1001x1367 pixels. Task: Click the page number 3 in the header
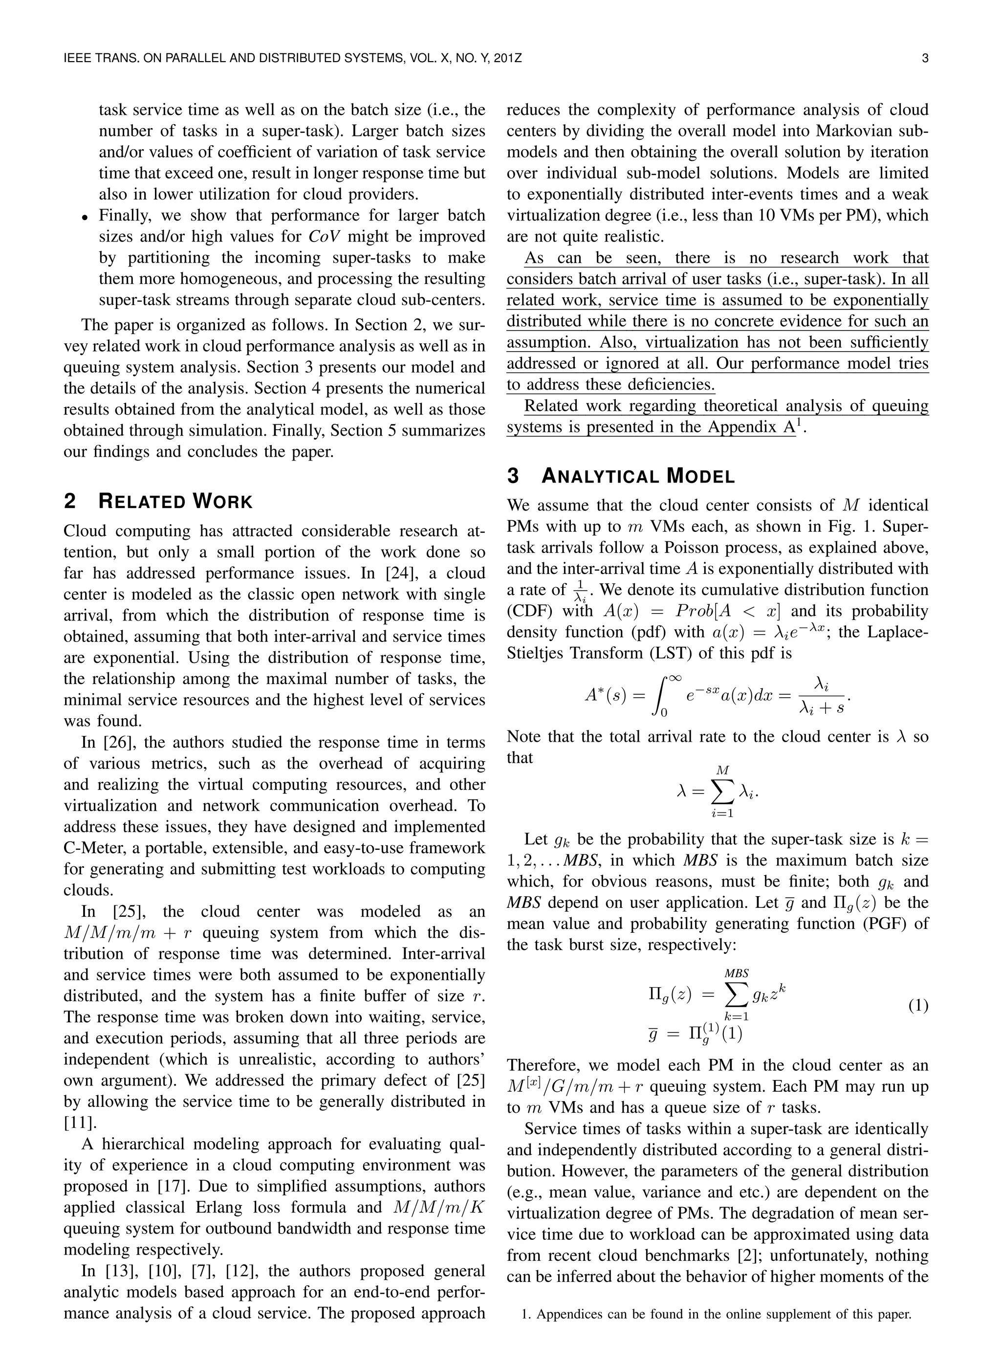(x=925, y=59)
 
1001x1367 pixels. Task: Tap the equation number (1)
(x=918, y=1006)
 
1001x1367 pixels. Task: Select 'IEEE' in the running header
(x=78, y=59)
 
